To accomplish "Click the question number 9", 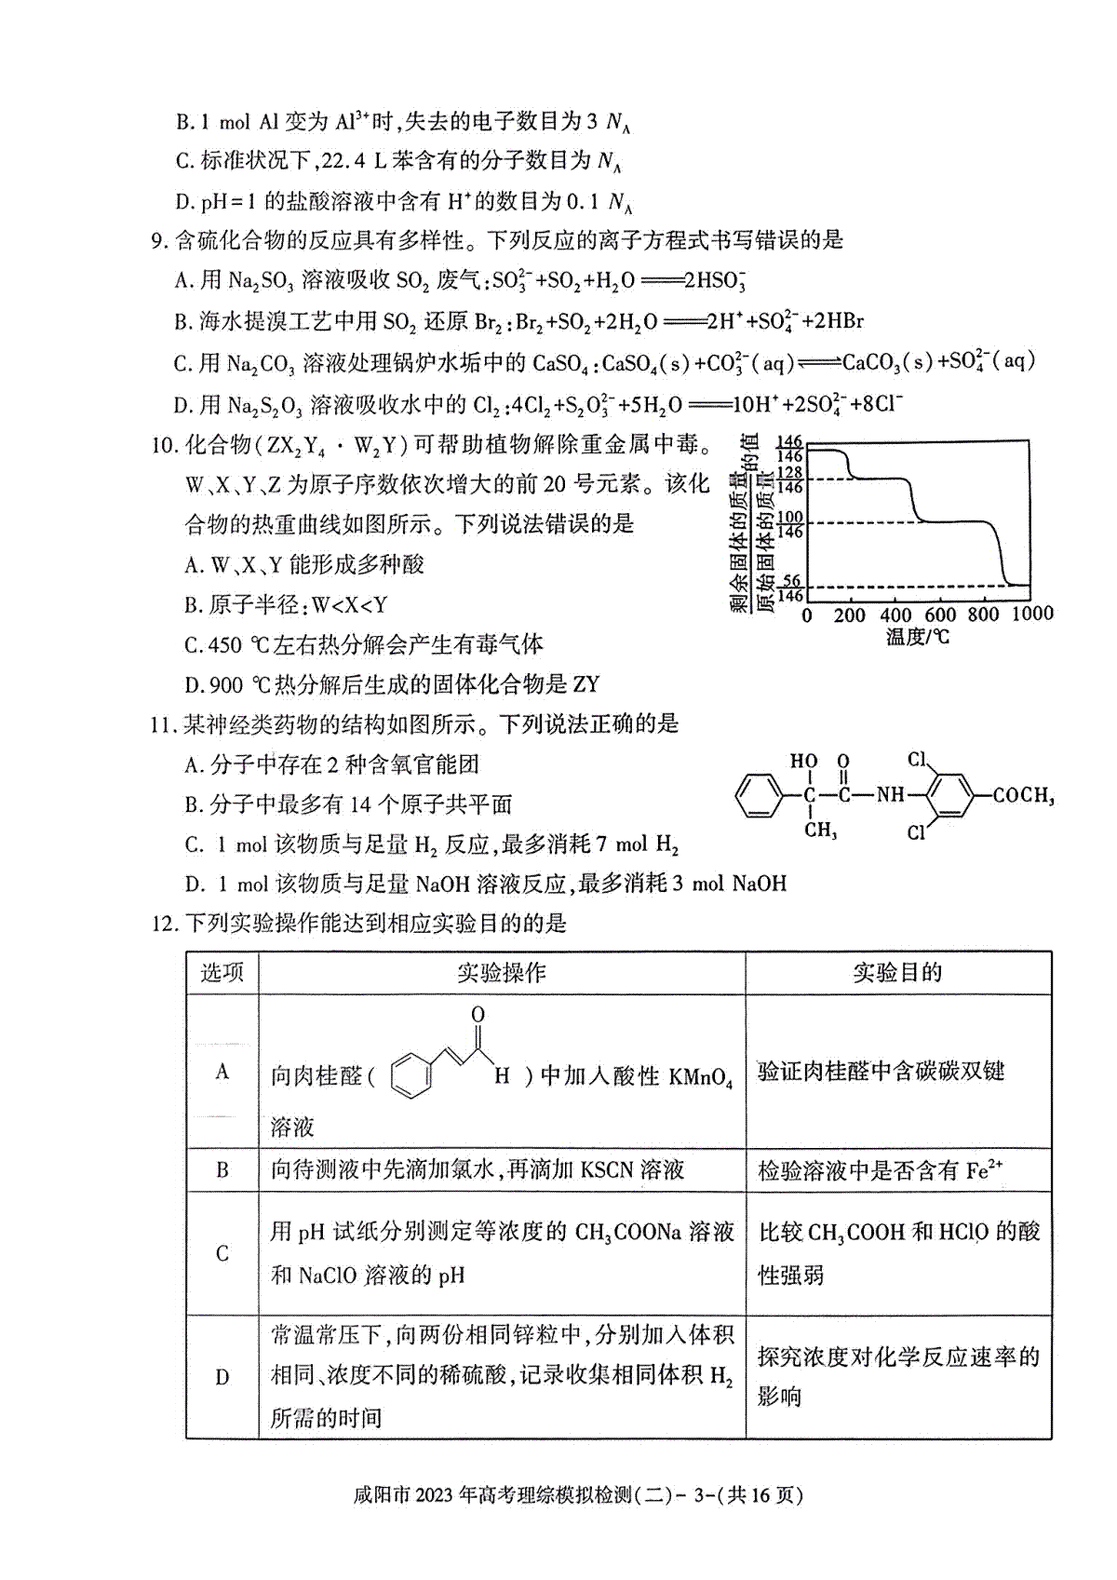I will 157,241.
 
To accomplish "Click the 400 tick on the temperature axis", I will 895,614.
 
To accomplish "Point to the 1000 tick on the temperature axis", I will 1031,614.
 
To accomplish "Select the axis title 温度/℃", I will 918,638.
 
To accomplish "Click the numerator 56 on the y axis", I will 791,580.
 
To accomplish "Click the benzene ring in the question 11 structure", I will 758,796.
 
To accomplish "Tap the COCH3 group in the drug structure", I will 1023,796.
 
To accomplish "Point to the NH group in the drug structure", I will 890,795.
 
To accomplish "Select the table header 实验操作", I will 501,973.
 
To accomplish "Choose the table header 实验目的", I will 897,973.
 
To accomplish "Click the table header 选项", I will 222,973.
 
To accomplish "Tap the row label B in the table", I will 222,1170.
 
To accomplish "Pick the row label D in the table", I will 222,1377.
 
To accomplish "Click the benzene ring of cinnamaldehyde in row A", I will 411,1075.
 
